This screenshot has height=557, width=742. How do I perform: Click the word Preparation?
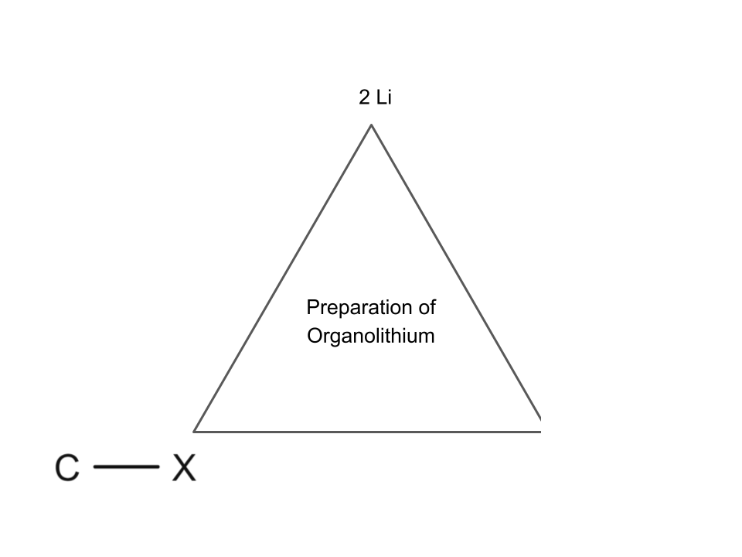(x=359, y=308)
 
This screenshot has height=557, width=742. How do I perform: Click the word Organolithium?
(x=371, y=337)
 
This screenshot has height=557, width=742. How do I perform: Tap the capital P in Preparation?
(x=312, y=307)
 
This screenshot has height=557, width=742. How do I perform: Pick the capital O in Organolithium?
(x=314, y=337)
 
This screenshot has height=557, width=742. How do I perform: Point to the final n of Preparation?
(x=407, y=308)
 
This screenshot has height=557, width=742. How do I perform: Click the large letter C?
(x=67, y=468)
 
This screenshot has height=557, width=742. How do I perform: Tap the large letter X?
(x=184, y=468)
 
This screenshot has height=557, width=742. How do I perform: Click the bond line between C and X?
(x=126, y=467)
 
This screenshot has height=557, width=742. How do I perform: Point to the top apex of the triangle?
(x=372, y=125)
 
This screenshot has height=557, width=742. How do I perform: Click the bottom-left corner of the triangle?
(x=194, y=430)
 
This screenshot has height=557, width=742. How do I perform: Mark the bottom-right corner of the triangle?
(x=539, y=429)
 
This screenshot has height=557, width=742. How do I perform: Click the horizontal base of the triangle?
(x=367, y=431)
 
